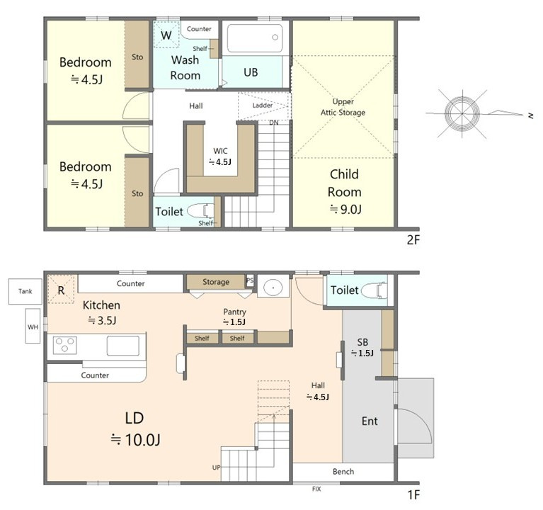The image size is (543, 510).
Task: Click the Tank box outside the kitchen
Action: pos(25,291)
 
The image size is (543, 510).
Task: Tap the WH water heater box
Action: pos(33,327)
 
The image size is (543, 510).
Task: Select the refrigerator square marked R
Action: pos(61,289)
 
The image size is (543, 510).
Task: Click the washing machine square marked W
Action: pos(166,35)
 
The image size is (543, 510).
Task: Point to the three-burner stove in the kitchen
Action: pos(64,345)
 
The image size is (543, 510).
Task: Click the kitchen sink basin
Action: pos(123,346)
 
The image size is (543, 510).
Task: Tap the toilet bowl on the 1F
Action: pos(374,290)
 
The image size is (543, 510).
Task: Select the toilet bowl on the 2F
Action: pos(200,210)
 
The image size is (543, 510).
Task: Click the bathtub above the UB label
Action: pos(255,38)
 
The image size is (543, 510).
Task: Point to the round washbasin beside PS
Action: pos(273,288)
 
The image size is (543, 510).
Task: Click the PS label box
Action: pos(250,280)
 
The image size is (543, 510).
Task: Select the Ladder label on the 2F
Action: pos(263,106)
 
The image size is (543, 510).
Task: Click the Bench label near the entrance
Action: pos(343,472)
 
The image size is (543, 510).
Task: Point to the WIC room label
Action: pos(220,151)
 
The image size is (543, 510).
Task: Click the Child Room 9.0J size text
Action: pos(345,209)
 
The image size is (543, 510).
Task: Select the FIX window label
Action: pos(316,489)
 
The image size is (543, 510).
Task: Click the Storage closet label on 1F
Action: pos(216,282)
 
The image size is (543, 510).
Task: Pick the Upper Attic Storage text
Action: pos(343,107)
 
